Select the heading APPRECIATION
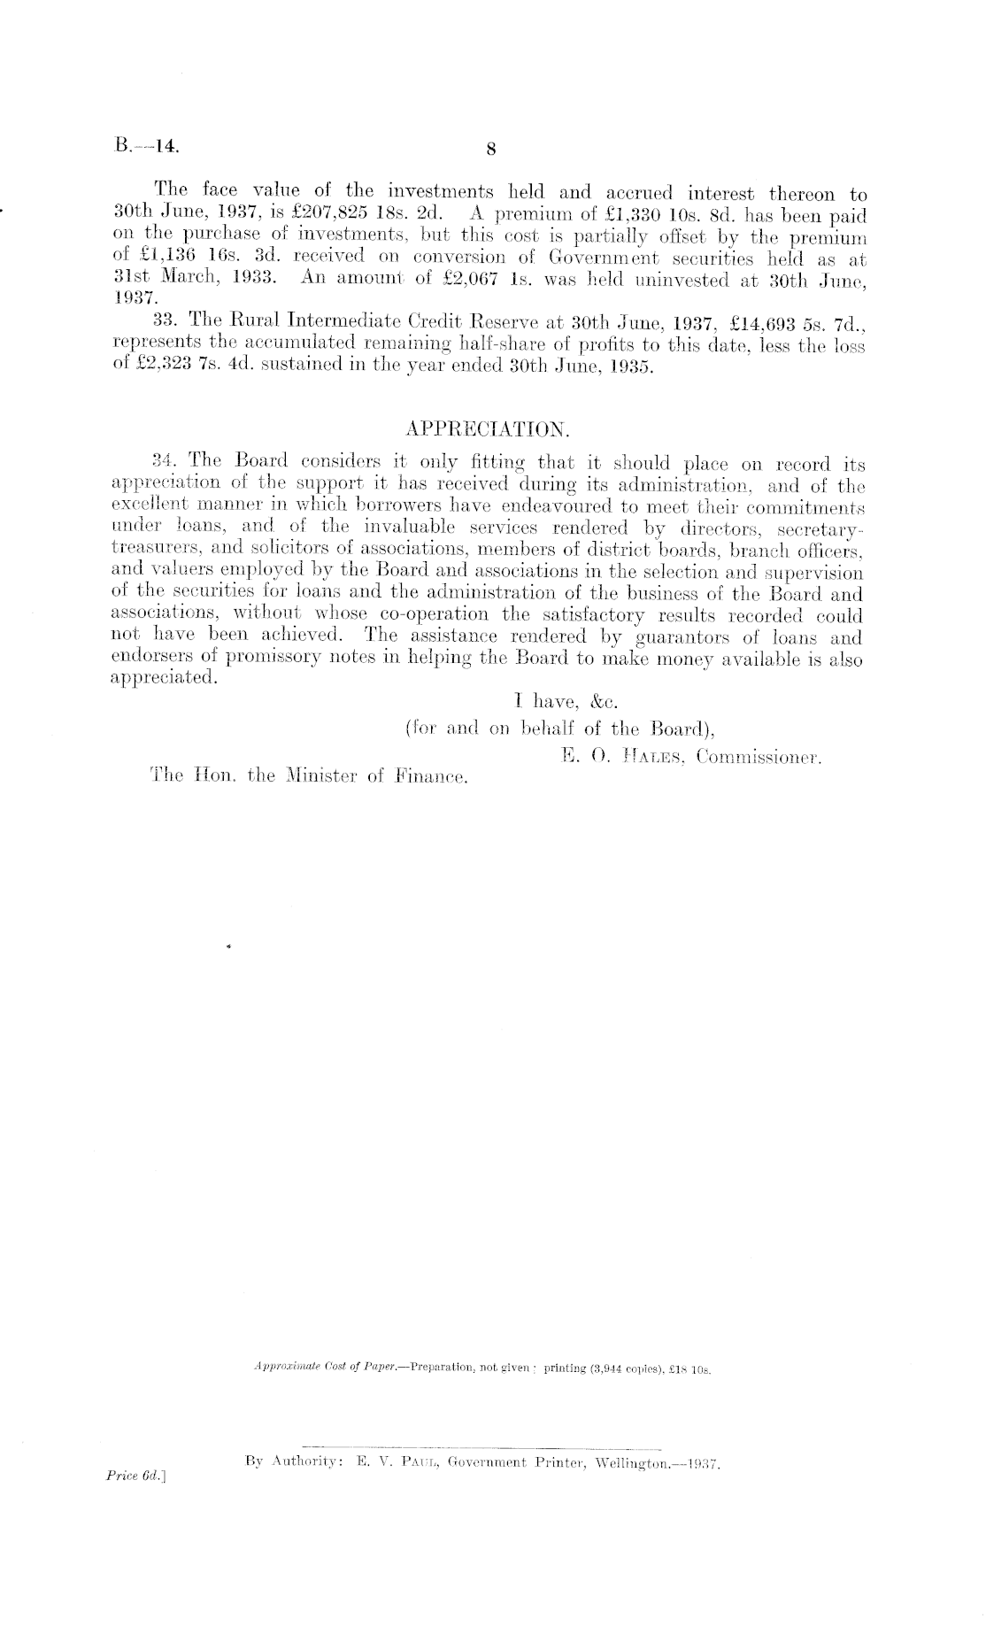[487, 430]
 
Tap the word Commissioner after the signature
[759, 757]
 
